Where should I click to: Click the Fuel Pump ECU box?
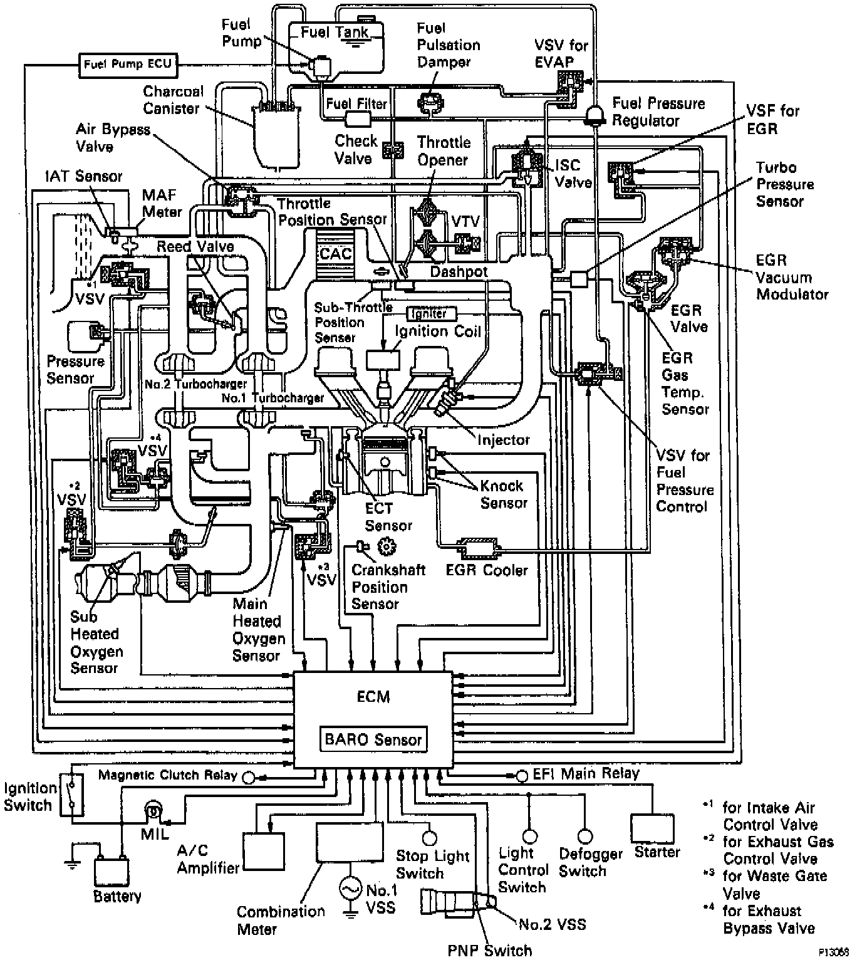127,65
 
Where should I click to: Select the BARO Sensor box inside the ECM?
373,739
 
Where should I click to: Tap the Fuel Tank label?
335,32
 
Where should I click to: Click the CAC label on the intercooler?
335,253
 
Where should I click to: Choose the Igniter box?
432,313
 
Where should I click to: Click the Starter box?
652,828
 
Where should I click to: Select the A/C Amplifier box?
263,851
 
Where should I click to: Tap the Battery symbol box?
112,872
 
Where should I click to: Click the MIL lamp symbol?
152,811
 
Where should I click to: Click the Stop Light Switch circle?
429,837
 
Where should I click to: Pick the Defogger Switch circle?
584,836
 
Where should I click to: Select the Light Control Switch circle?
530,836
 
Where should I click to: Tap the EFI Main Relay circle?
522,776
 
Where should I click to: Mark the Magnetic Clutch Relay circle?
249,777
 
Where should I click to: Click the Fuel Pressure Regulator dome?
593,113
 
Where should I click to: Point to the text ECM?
373,697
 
